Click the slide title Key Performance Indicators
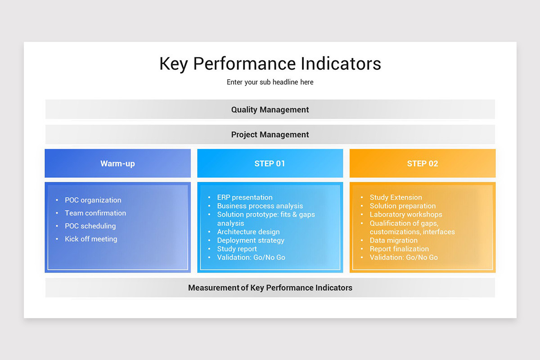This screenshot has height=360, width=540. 270,63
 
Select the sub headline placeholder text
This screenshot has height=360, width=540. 270,82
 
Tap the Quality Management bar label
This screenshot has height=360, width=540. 270,109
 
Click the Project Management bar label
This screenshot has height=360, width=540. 270,135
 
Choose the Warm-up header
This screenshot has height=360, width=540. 117,163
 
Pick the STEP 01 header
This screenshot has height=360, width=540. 270,163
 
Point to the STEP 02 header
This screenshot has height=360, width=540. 422,163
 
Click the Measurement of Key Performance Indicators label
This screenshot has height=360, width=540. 270,288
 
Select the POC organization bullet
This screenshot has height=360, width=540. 93,200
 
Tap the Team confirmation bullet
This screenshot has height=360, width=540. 95,213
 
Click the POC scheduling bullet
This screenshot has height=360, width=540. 90,226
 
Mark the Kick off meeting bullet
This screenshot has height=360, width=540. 91,239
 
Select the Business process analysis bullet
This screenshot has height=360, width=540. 260,206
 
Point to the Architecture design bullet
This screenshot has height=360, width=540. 248,232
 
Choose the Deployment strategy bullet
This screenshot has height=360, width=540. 251,240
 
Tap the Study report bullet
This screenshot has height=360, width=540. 237,249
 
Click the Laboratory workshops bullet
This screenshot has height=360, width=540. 405,215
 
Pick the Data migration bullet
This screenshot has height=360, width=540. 393,240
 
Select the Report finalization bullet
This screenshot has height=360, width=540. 399,249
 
